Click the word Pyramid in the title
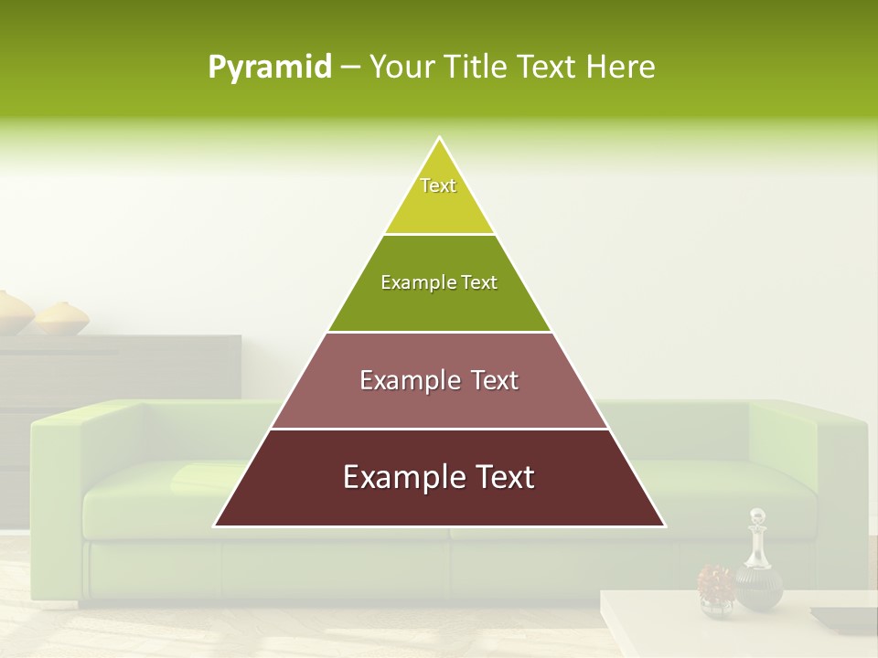point(270,68)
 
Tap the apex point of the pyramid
point(440,138)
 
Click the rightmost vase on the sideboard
point(62,318)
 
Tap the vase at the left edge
point(13,313)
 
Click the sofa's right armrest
point(837,475)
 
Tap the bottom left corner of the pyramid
point(215,525)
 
